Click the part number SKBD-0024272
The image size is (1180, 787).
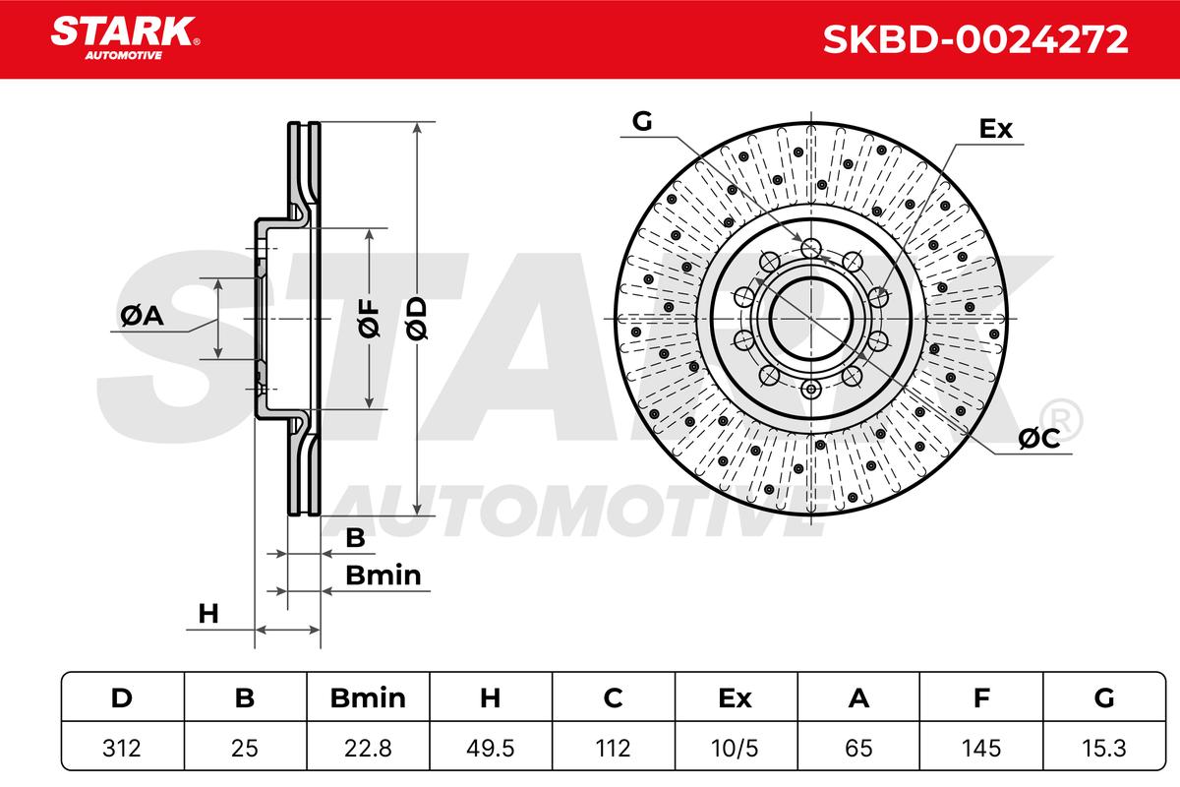[975, 39]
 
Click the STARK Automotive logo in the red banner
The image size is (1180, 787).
[125, 38]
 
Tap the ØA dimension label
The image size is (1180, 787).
[142, 316]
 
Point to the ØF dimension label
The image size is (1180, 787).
[369, 318]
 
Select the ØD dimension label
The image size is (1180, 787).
[417, 318]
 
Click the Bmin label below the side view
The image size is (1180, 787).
[383, 575]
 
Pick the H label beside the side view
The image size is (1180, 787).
[208, 614]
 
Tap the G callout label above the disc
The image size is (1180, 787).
[642, 121]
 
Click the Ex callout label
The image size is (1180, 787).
[995, 129]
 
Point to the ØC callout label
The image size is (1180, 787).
[1038, 438]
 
